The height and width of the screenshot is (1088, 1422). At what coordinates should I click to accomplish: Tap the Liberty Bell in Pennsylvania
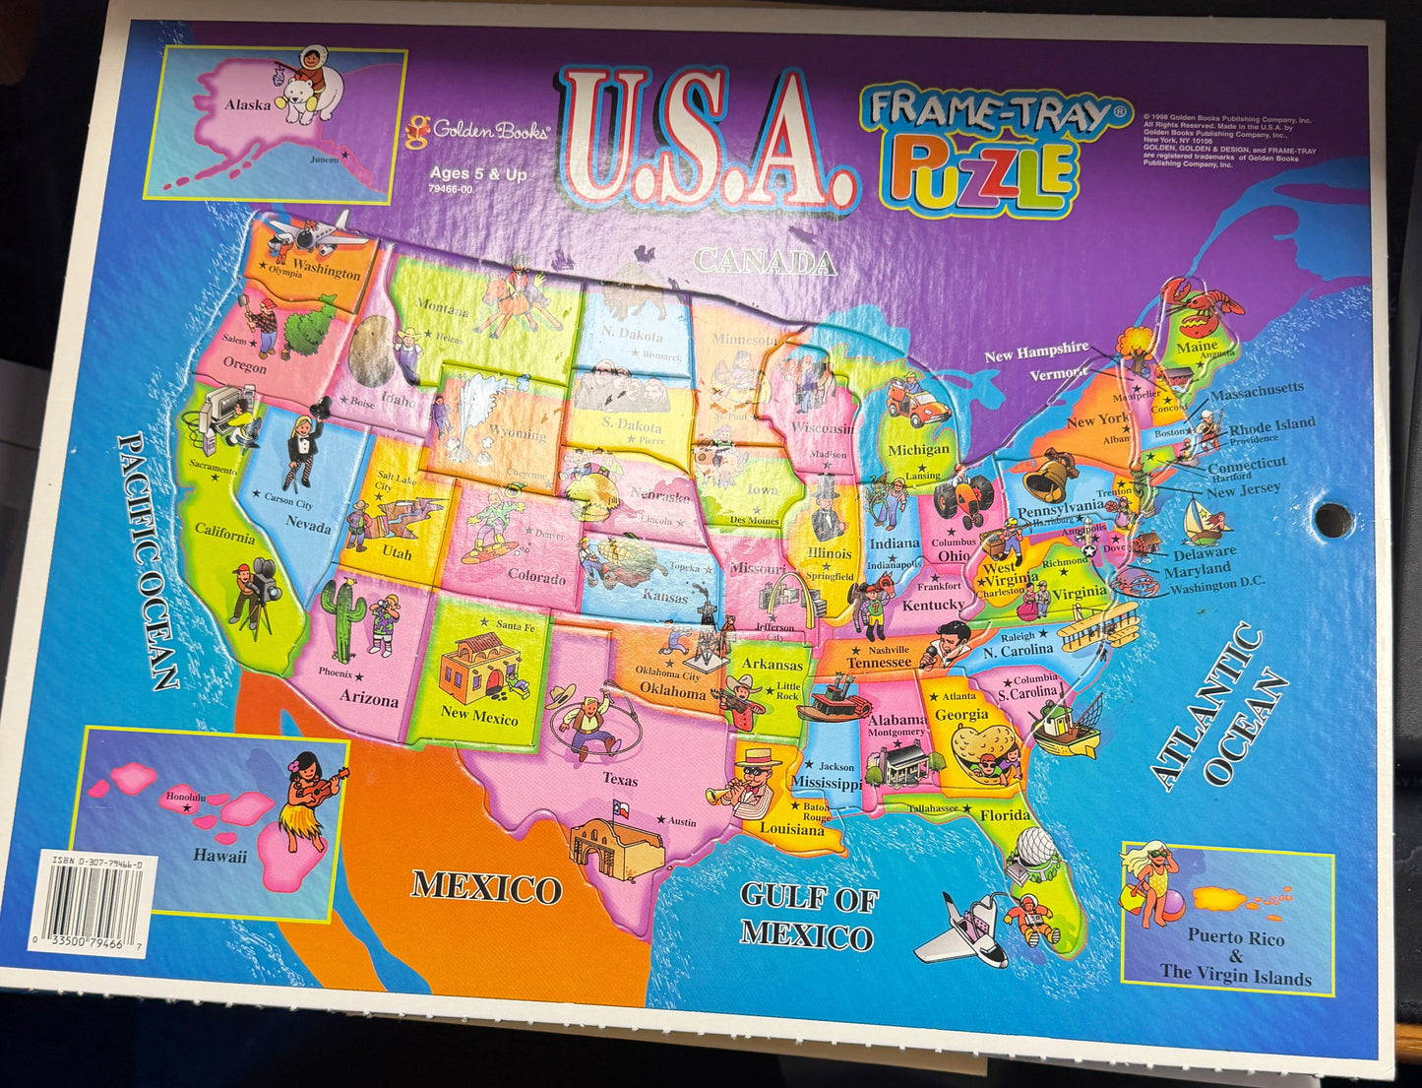(1049, 477)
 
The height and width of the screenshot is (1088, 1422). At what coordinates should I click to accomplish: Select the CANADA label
(766, 262)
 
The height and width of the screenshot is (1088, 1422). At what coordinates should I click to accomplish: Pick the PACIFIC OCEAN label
(149, 561)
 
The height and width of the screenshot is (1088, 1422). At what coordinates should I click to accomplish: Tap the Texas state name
(620, 780)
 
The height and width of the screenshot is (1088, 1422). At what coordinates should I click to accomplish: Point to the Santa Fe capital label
(514, 625)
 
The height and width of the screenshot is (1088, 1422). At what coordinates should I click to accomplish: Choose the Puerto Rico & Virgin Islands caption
(1235, 957)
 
